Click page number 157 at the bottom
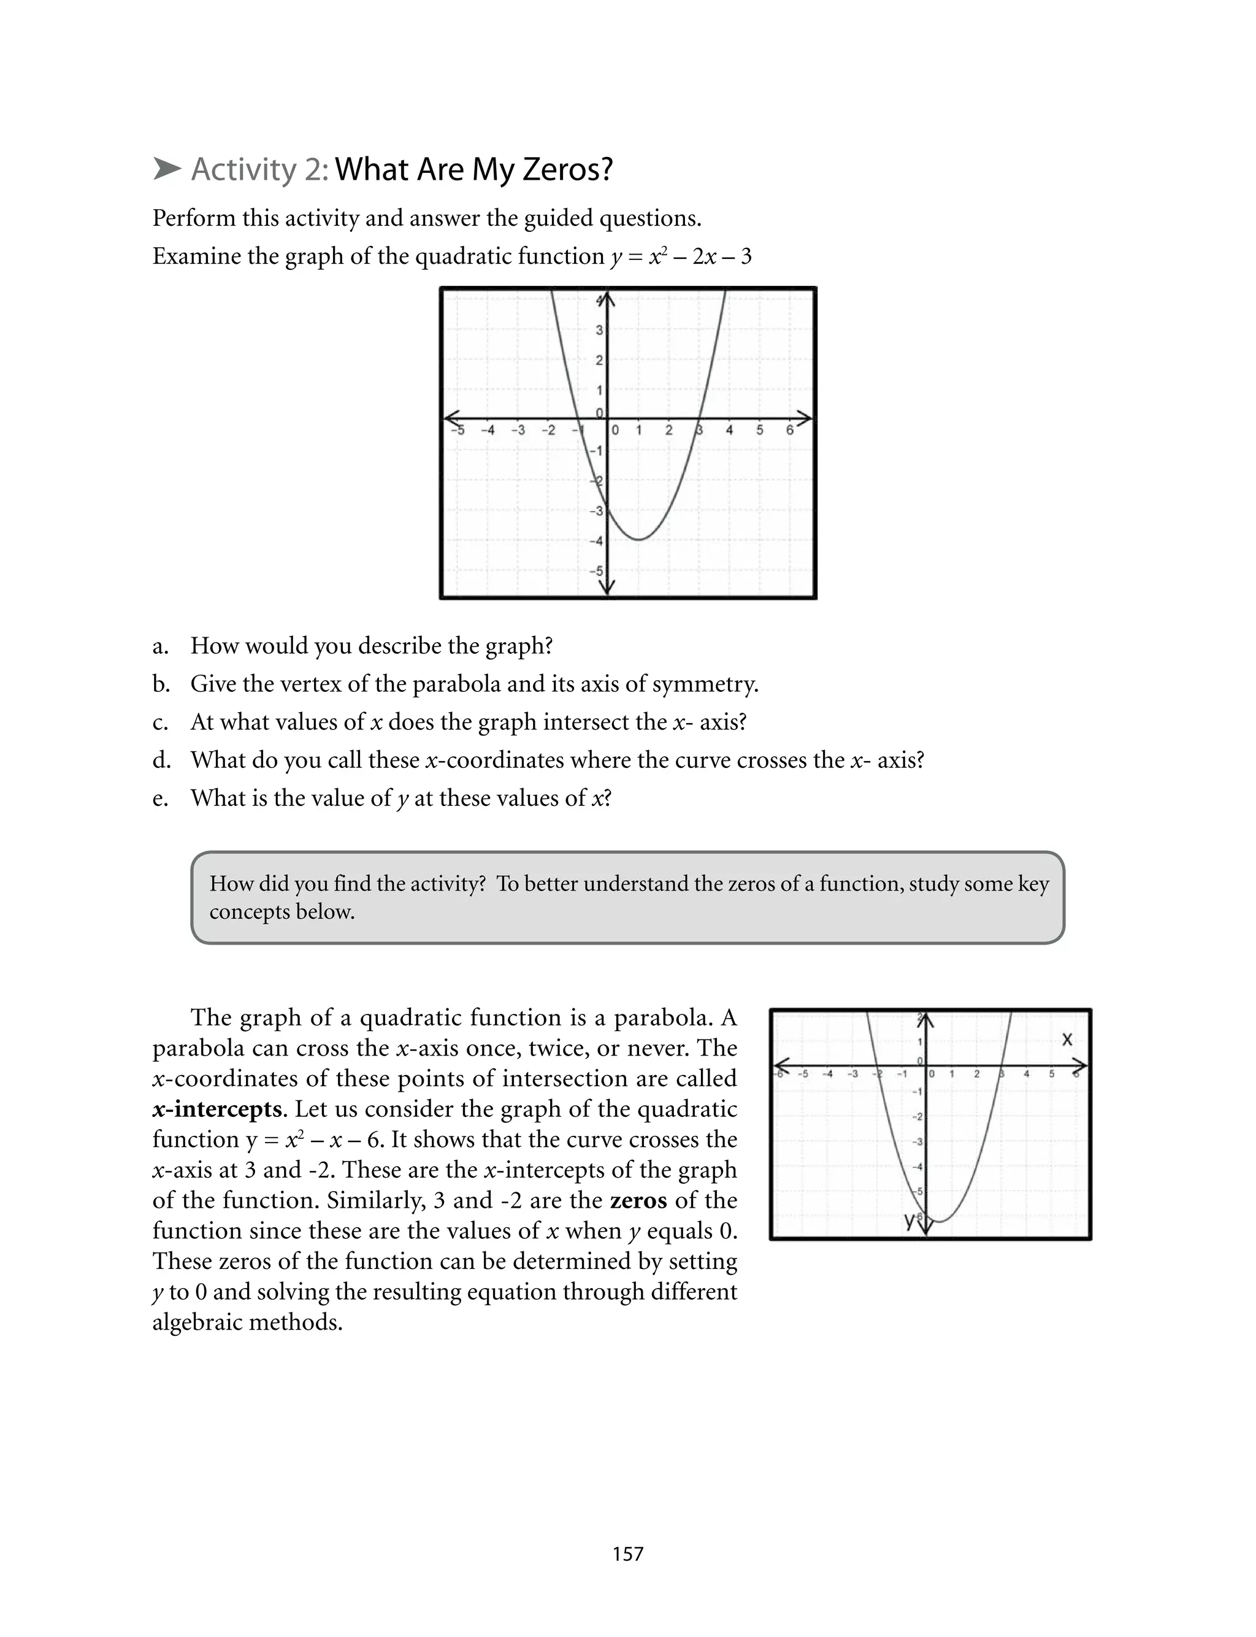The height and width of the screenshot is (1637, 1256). [627, 1554]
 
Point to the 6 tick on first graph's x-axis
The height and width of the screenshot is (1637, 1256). [789, 430]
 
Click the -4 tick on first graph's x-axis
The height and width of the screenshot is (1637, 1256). [487, 431]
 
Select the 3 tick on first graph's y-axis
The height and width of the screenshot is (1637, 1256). [599, 329]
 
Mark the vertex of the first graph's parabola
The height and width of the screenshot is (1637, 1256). [638, 539]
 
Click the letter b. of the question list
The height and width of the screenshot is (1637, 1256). [161, 684]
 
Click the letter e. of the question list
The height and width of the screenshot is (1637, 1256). [160, 799]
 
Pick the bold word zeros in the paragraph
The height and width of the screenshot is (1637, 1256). [638, 1200]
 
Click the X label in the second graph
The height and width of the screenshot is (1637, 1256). [1067, 1040]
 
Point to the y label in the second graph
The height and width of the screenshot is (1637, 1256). [908, 1220]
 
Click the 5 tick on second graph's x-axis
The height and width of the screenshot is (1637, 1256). [1051, 1074]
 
